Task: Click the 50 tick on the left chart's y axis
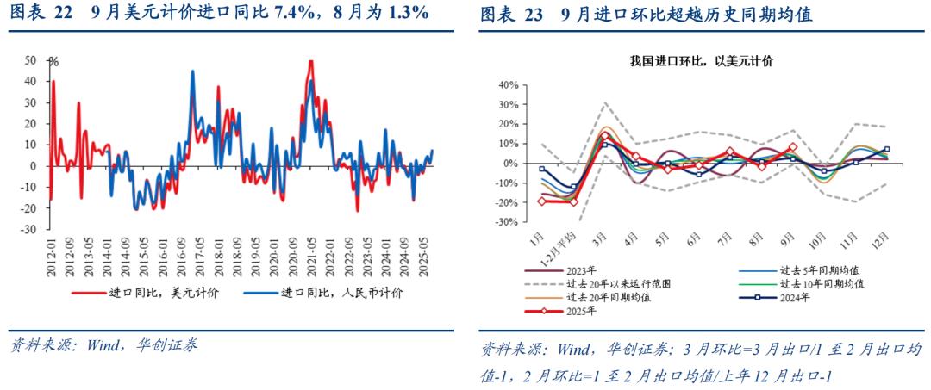(x=30, y=60)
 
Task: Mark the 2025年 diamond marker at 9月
(x=793, y=147)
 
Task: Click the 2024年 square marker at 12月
(x=887, y=149)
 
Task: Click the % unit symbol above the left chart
(x=53, y=62)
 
